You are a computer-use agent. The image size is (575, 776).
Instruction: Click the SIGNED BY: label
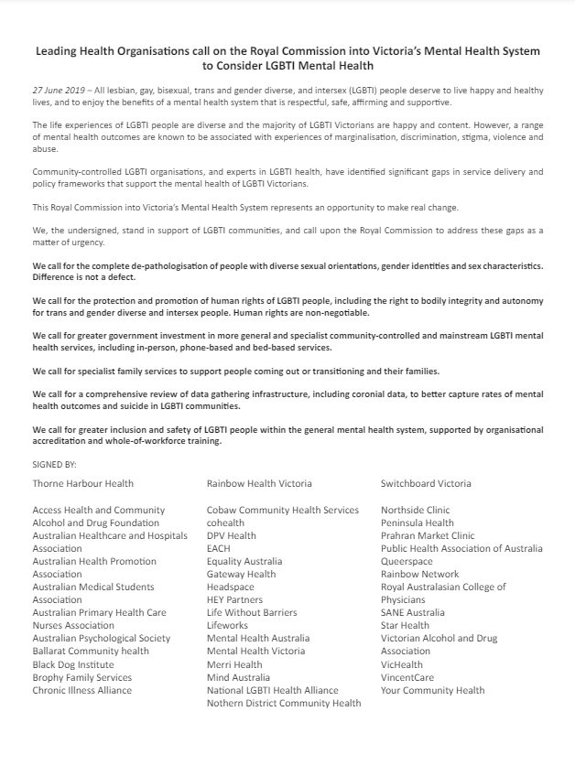[55, 465]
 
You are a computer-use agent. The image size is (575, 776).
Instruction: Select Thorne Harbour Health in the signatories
[82, 483]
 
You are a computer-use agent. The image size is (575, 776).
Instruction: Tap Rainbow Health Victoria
[259, 483]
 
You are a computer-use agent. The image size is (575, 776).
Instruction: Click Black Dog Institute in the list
[73, 664]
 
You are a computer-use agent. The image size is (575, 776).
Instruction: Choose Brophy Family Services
[82, 677]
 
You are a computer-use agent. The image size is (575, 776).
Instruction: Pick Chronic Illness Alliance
[82, 690]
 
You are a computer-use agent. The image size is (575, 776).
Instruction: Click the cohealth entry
[226, 523]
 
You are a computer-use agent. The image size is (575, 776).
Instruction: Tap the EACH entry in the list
[218, 548]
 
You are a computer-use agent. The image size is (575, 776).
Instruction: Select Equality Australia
[244, 561]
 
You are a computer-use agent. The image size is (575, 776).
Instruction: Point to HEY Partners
[234, 599]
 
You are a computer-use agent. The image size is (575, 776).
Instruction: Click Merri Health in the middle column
[234, 664]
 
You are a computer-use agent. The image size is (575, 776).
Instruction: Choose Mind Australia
[238, 677]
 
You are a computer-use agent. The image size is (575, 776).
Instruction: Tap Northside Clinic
[416, 510]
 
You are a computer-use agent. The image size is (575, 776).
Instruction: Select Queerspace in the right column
[407, 561]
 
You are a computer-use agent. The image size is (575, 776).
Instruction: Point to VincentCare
[408, 677]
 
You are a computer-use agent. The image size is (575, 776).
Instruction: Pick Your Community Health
[433, 690]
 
